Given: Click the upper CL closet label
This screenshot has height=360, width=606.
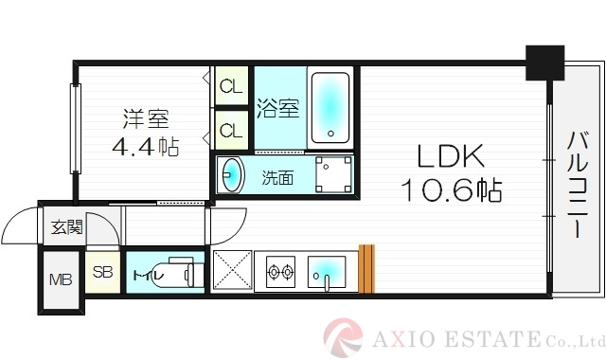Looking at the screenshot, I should point(230,87).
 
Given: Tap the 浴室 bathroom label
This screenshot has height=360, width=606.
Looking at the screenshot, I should point(278,109).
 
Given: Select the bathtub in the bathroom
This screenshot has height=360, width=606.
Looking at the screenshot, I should point(330,106).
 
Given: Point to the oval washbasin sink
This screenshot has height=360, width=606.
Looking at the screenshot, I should point(231,175).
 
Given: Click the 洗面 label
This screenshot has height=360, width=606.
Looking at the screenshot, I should point(277,176).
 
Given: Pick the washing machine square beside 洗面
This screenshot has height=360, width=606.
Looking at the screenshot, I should point(333,174).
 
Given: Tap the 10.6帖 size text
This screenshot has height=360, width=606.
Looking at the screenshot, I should point(450,189).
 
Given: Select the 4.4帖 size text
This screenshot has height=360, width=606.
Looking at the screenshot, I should point(145,147).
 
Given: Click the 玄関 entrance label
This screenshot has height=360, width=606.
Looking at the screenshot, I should point(67,227).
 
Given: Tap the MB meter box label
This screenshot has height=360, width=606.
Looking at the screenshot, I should point(61,279).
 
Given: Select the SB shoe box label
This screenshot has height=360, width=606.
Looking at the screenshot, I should point(102,274).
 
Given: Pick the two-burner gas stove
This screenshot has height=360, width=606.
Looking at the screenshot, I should point(280,274).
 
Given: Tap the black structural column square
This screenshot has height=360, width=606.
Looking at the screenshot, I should point(544,62).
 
